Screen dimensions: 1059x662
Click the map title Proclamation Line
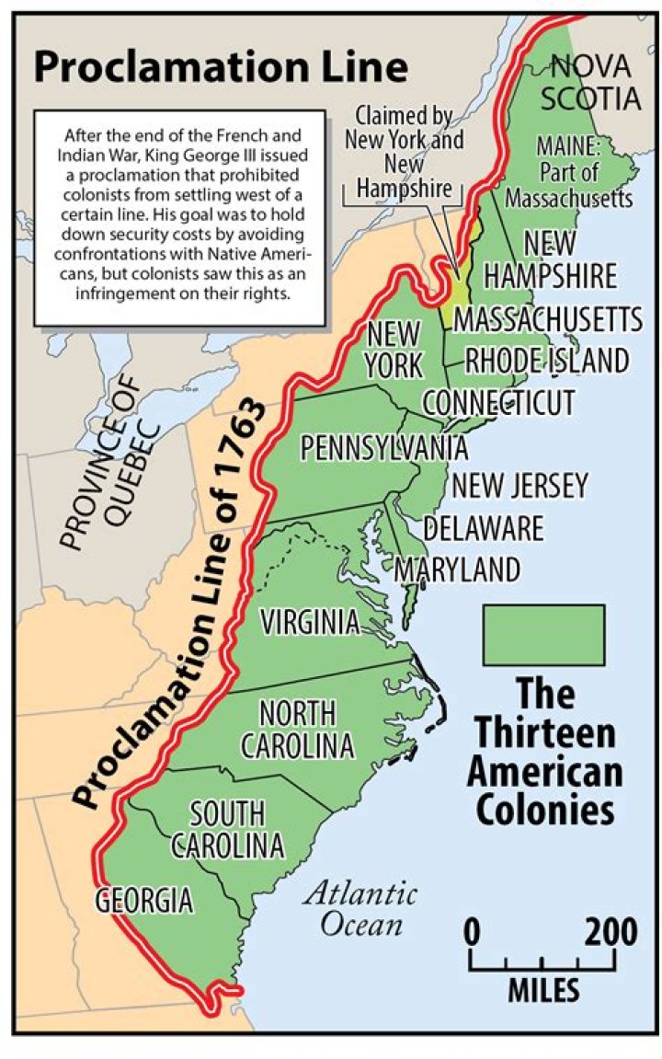[x=221, y=68]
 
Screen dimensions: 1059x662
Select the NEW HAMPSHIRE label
[x=550, y=260]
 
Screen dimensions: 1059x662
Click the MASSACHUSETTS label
[x=548, y=319]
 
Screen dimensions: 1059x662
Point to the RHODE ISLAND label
[x=546, y=360]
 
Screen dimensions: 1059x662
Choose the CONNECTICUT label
[x=498, y=403]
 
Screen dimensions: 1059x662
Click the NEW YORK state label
[x=394, y=350]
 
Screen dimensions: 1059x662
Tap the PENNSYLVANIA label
[x=384, y=448]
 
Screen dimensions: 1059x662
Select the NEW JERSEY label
[x=519, y=486]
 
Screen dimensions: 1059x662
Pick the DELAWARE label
[x=483, y=528]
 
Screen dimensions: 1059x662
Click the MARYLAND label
[x=457, y=570]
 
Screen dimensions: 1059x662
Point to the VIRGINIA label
[x=309, y=623]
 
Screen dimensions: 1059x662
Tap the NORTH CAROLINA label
[x=296, y=729]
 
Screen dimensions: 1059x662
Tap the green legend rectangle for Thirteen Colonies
[x=543, y=634]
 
